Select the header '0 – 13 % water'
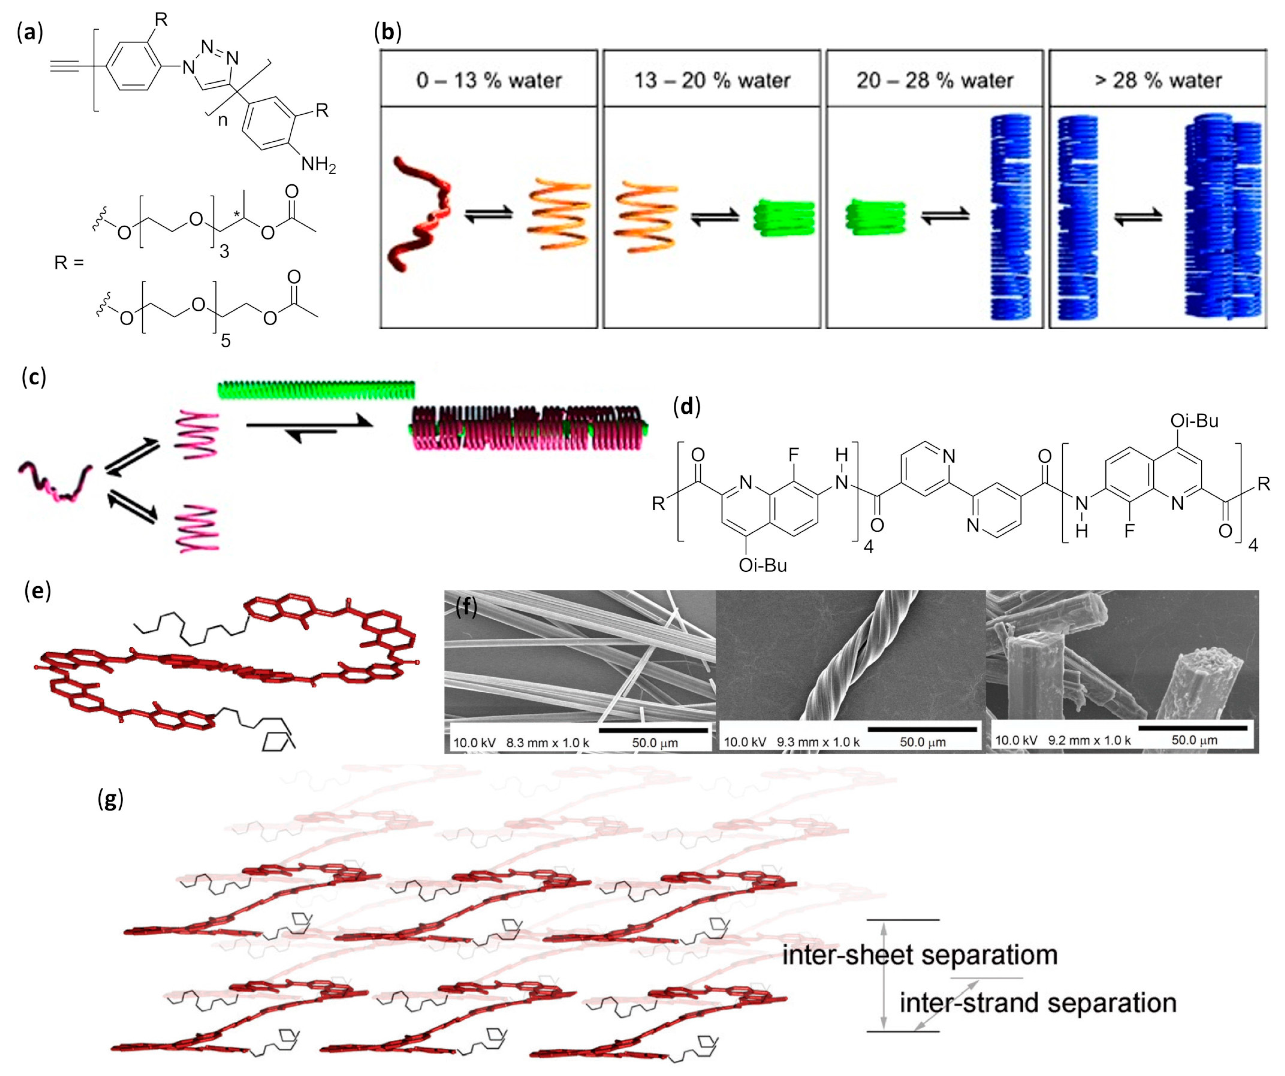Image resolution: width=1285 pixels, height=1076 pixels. click(488, 80)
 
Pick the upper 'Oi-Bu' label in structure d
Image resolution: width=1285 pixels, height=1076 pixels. click(1194, 421)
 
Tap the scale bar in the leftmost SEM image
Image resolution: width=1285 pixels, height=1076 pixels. click(653, 729)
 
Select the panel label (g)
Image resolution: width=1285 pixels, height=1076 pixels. click(111, 798)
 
